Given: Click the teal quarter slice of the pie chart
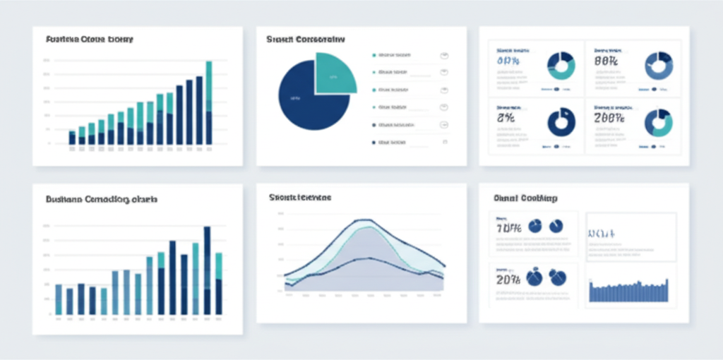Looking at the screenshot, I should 335,73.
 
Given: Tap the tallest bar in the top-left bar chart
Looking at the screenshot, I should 209,102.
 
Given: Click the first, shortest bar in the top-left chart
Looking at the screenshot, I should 72,138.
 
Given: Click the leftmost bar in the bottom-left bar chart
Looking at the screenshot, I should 59,299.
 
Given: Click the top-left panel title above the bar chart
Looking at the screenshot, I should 89,40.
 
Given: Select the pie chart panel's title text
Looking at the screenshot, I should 304,40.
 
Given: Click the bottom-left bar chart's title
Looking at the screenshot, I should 101,200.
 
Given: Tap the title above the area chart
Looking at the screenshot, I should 300,198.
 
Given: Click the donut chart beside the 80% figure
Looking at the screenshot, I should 659,66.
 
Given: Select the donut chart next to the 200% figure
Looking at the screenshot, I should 659,121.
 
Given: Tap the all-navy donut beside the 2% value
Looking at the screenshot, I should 561,121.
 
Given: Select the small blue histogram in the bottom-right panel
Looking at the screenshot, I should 628,291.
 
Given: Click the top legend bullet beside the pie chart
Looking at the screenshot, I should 373,54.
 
